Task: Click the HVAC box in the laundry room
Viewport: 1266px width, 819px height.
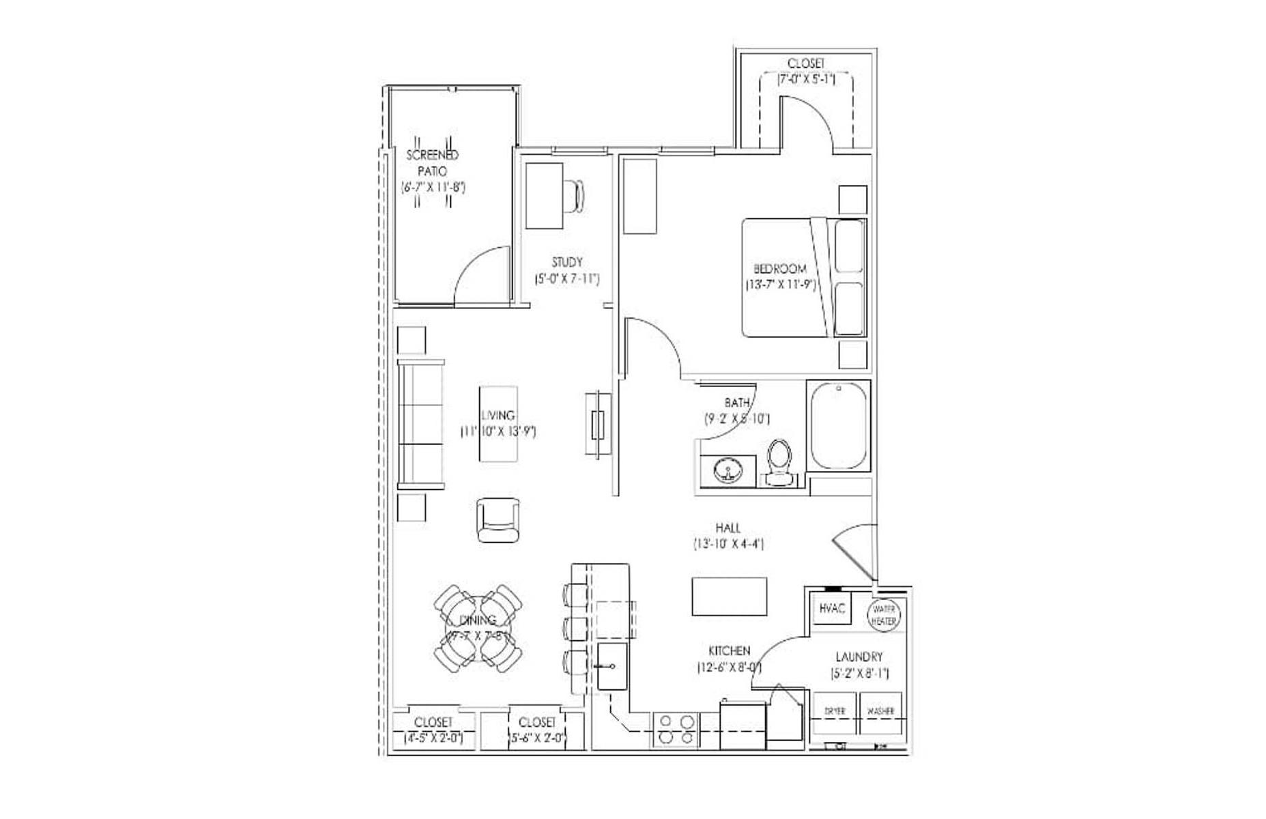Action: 833,609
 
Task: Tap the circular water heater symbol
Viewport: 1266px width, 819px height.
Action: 884,615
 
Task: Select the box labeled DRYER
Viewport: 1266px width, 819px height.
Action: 835,712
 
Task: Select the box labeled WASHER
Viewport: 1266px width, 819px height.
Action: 880,712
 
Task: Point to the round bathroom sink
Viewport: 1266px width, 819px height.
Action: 728,471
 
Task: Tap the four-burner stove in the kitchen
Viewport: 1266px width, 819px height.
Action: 676,730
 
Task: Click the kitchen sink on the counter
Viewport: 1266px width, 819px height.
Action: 612,666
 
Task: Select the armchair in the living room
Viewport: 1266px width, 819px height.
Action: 497,520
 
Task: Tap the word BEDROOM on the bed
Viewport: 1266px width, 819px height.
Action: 779,269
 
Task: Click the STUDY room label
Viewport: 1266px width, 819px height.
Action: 567,262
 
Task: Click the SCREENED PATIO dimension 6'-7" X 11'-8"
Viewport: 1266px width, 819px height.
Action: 433,186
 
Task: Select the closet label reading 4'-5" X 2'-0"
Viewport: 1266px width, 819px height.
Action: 433,738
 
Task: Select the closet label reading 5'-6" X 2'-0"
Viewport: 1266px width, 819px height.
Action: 538,738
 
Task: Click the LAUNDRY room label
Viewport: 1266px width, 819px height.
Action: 859,657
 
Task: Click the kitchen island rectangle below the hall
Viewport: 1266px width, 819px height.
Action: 729,597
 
